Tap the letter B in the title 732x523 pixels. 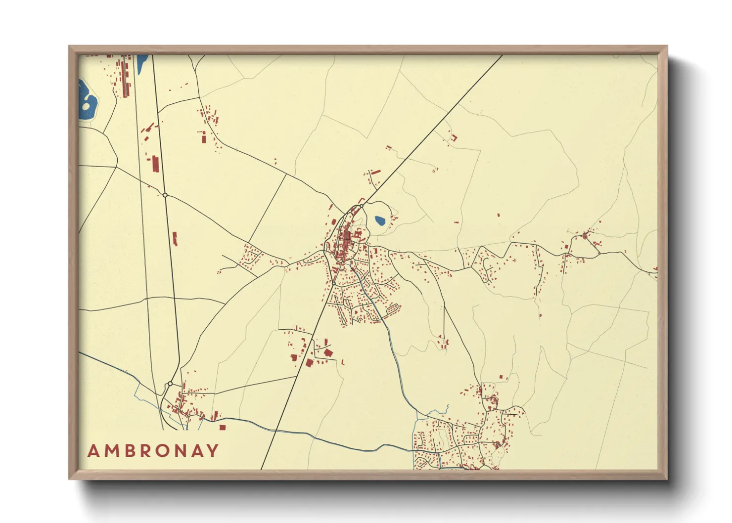[x=128, y=451]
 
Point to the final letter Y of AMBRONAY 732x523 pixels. [x=213, y=451]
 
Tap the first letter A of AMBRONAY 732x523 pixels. [x=92, y=451]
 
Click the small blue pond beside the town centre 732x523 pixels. [x=380, y=220]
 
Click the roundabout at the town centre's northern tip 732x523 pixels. [x=362, y=206]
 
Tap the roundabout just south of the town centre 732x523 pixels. [x=334, y=283]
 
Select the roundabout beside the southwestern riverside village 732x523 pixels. [x=170, y=384]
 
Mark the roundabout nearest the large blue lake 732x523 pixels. [x=165, y=195]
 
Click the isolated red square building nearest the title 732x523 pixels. [x=222, y=427]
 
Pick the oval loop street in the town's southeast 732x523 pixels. [x=393, y=309]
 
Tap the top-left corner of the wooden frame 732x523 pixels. [x=69, y=46]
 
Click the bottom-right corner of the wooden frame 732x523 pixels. [x=667, y=479]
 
